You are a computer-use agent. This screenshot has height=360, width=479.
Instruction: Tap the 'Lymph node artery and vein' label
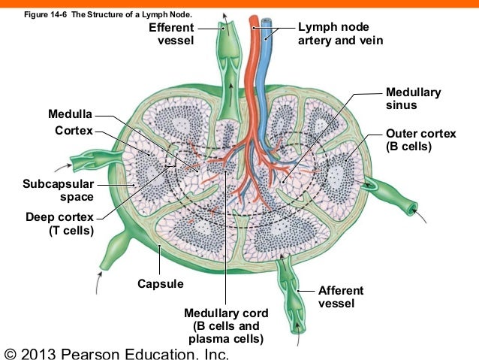[340, 33]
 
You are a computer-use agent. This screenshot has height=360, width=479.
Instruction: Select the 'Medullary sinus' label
[413, 98]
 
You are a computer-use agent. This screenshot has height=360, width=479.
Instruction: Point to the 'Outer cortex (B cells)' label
[420, 140]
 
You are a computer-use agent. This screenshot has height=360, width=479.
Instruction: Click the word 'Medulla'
[70, 115]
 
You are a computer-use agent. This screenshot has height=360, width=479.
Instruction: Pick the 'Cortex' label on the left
[74, 131]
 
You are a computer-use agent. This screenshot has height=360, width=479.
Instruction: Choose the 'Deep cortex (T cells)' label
[59, 224]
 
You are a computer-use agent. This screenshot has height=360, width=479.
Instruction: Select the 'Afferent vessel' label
[341, 297]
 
